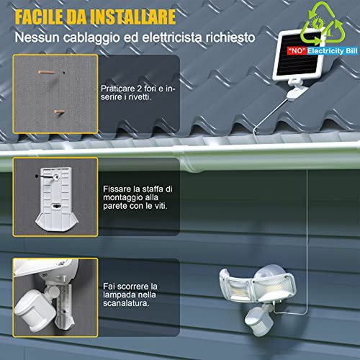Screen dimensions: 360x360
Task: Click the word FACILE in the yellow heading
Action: tap(39, 17)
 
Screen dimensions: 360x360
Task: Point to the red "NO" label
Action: tap(297, 51)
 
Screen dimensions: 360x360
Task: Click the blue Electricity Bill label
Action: tap(333, 51)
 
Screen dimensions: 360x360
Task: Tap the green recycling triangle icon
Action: tap(323, 23)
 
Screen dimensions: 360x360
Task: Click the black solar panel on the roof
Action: tap(300, 54)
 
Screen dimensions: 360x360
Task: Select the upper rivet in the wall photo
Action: tap(46, 72)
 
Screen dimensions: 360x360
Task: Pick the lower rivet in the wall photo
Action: tap(59, 112)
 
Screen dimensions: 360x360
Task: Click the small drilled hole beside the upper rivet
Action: tap(64, 72)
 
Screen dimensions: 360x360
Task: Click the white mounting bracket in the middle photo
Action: tap(57, 199)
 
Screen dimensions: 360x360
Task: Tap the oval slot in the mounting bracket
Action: tap(57, 206)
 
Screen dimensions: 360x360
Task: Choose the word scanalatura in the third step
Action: tap(126, 303)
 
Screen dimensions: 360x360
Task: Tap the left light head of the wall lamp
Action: tap(236, 285)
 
